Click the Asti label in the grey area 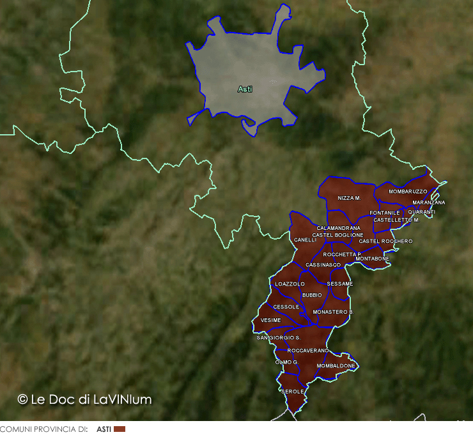(x=245, y=89)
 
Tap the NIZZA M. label (x=350, y=199)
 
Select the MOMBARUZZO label (x=408, y=192)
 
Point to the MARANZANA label (x=429, y=203)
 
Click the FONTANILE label (x=385, y=213)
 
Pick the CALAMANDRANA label (x=338, y=228)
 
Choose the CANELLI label (x=306, y=240)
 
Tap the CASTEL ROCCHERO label (x=386, y=241)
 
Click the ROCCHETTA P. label (x=343, y=254)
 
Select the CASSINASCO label (x=323, y=264)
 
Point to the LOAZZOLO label (x=290, y=284)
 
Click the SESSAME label (x=339, y=284)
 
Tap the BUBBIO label (x=313, y=295)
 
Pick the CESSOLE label (x=286, y=307)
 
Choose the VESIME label (x=271, y=320)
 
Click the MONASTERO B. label (x=333, y=312)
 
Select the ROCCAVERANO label (x=308, y=351)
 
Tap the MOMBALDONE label (x=336, y=366)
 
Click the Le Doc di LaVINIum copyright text (x=85, y=399)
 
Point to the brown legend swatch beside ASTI (x=120, y=429)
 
